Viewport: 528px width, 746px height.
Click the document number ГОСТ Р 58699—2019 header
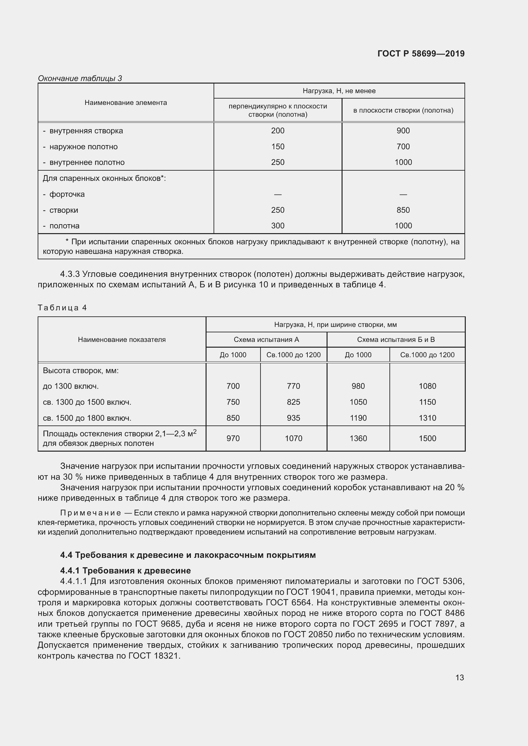[x=421, y=54]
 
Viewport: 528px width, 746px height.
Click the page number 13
[x=459, y=677]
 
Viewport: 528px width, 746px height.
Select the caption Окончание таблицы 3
[x=80, y=78]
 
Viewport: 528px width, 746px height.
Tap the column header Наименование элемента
[x=125, y=103]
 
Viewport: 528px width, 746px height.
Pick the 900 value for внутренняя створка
[x=403, y=131]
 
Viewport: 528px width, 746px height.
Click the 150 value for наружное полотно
[x=278, y=146]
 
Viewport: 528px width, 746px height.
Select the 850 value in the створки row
[x=403, y=210]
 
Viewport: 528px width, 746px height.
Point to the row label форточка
[x=67, y=194]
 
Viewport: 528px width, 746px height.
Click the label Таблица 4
[x=62, y=308]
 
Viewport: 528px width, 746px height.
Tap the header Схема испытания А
[x=266, y=340]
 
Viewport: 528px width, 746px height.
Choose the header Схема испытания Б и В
[x=396, y=340]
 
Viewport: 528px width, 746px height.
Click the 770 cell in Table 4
[x=293, y=386]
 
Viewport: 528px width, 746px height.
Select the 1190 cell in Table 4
[x=358, y=418]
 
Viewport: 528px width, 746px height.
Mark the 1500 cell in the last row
[x=427, y=438]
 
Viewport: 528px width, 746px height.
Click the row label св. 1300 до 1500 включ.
[x=87, y=402]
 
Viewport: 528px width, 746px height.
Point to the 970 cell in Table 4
[x=233, y=438]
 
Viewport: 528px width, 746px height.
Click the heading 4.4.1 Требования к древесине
[x=125, y=571]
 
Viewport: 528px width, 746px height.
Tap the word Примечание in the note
[x=90, y=513]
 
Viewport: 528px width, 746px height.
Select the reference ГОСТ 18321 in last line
[x=154, y=656]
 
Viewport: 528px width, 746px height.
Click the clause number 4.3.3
[x=70, y=274]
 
